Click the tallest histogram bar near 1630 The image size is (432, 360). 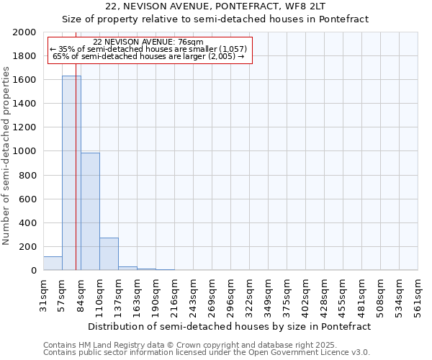(71, 173)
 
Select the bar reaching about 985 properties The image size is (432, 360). (90, 212)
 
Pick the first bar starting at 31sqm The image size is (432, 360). (53, 264)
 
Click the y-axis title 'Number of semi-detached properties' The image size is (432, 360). (7, 156)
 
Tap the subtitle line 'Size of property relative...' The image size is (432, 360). (215, 19)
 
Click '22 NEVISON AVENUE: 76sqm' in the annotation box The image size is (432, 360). (148, 42)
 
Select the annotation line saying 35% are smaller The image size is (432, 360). (148, 49)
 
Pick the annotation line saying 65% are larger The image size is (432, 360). (148, 56)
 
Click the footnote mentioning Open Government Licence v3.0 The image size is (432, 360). (207, 353)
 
